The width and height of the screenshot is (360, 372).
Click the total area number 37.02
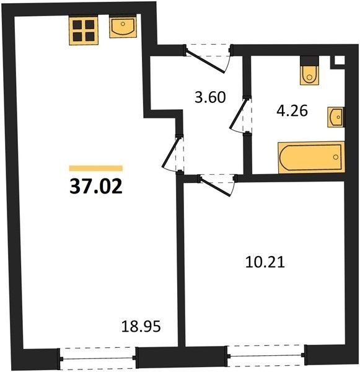click(x=96, y=186)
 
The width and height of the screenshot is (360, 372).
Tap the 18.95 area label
click(x=141, y=326)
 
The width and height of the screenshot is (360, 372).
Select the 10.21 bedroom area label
click(x=265, y=262)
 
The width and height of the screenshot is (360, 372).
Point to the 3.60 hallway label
click(x=210, y=97)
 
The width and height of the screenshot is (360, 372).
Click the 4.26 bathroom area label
click(x=292, y=110)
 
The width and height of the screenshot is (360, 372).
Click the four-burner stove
click(x=84, y=30)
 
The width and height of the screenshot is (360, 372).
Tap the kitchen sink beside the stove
click(x=123, y=26)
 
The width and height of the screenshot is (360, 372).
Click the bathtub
click(x=311, y=157)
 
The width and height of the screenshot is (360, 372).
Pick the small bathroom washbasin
click(x=336, y=117)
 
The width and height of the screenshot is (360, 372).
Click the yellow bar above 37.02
click(x=96, y=168)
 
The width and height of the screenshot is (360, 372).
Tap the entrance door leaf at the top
click(x=205, y=61)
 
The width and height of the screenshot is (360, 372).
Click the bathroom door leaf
click(x=239, y=113)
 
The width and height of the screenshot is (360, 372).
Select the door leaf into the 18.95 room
click(x=170, y=153)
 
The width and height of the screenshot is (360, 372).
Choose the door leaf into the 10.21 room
click(x=216, y=187)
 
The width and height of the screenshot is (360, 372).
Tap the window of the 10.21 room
click(x=266, y=355)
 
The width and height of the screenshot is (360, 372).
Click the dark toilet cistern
click(x=309, y=61)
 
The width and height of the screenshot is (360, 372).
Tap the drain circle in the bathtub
click(x=336, y=157)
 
